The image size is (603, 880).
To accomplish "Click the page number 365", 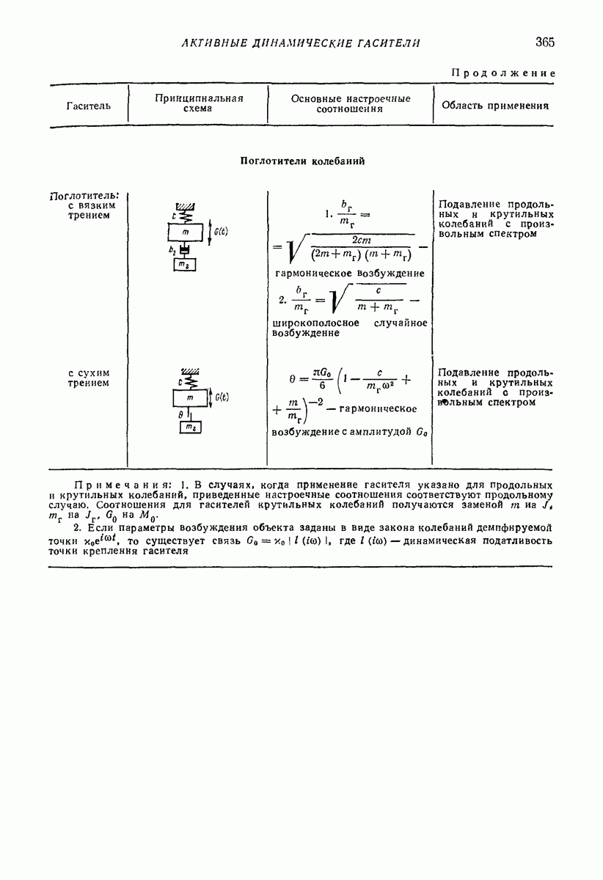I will (x=544, y=43).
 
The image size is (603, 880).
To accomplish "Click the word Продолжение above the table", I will (x=503, y=73).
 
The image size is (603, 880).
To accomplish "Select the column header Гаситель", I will (x=88, y=106).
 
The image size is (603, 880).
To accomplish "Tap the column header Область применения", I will (x=494, y=106).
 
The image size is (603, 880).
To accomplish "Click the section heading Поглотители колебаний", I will (x=302, y=161).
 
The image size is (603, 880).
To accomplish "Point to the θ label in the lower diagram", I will (x=180, y=414).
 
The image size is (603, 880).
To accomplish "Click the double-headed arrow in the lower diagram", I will (x=211, y=397).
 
